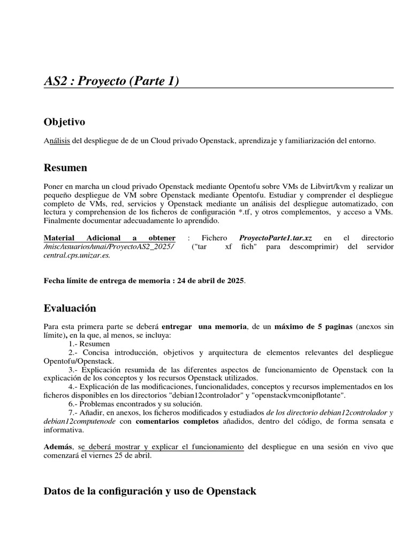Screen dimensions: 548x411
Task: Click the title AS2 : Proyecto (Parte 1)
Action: (111, 81)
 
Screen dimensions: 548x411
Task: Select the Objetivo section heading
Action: (64, 123)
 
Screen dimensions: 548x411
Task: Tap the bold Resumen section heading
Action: (65, 168)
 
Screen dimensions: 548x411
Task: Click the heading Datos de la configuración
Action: (150, 491)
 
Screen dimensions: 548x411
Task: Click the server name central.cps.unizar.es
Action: (77, 255)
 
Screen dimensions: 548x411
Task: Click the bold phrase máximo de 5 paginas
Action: (313, 326)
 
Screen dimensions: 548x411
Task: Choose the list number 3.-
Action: (74, 370)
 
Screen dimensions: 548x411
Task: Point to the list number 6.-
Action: (74, 404)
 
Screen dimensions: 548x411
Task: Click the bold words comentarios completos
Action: (170, 421)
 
